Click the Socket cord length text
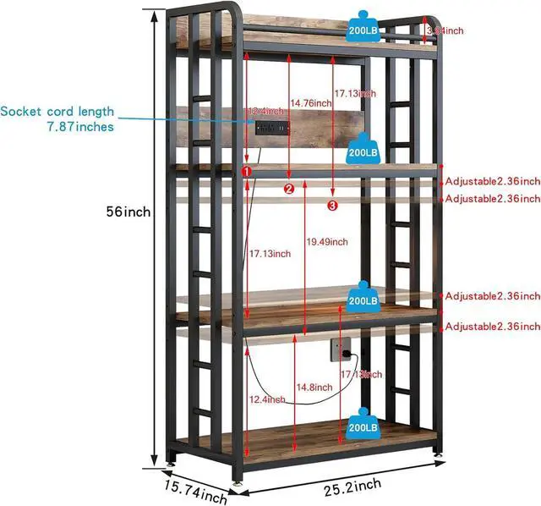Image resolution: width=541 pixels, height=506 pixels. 57,112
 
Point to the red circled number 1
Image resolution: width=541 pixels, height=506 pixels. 247,172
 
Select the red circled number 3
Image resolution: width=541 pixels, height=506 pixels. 332,204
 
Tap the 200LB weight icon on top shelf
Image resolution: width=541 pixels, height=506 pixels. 362,25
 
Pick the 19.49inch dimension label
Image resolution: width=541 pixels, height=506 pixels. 325,242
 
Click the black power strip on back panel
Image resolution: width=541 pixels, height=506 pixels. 272,127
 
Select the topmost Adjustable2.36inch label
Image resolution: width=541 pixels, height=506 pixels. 492,181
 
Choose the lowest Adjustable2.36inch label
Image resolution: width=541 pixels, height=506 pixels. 492,327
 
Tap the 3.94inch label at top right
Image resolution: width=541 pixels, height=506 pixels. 445,30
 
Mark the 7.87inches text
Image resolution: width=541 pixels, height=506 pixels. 79,127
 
